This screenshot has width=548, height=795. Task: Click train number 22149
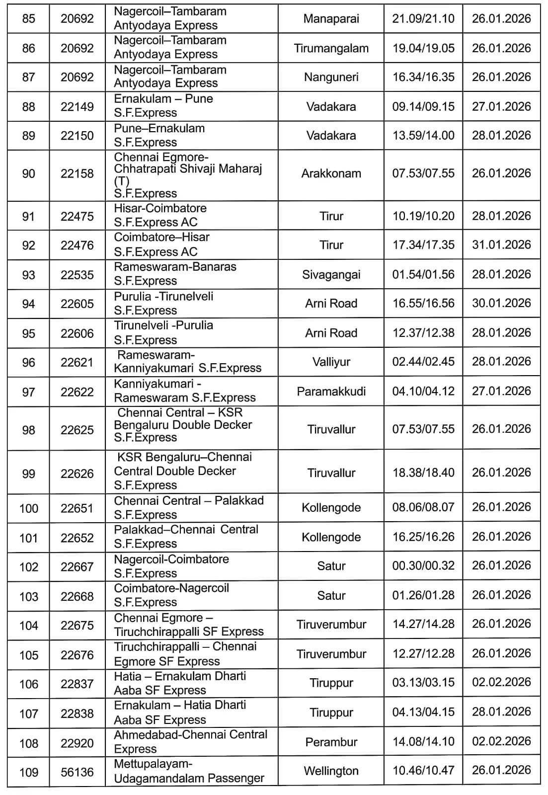click(x=77, y=106)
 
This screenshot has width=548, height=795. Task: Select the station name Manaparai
click(x=331, y=19)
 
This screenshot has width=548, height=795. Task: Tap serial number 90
click(x=29, y=174)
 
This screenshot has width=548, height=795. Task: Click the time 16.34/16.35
click(x=423, y=77)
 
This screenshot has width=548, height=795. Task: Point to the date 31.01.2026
click(x=501, y=244)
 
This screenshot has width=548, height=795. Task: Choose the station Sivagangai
click(x=331, y=274)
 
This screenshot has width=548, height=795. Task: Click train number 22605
click(x=77, y=304)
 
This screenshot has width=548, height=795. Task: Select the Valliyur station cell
click(x=331, y=362)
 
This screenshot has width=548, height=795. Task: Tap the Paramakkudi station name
click(x=331, y=391)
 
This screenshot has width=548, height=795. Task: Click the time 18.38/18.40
click(x=423, y=473)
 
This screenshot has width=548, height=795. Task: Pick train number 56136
click(x=77, y=772)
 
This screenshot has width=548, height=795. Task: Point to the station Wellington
click(x=331, y=771)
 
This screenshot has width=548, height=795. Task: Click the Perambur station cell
click(x=331, y=742)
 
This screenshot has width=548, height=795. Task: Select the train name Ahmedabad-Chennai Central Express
click(x=191, y=741)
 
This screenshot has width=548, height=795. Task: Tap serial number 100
click(x=29, y=508)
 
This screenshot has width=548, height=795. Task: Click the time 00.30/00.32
click(x=423, y=566)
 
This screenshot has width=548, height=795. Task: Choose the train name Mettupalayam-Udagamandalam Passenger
click(x=189, y=771)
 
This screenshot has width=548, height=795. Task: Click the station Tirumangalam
click(x=331, y=48)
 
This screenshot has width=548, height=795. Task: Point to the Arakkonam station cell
click(x=331, y=173)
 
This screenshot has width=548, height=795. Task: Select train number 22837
click(x=77, y=684)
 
